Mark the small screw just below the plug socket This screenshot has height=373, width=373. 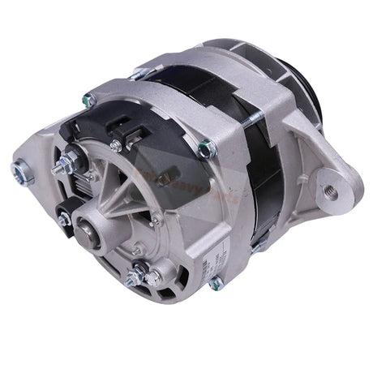[117, 146]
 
